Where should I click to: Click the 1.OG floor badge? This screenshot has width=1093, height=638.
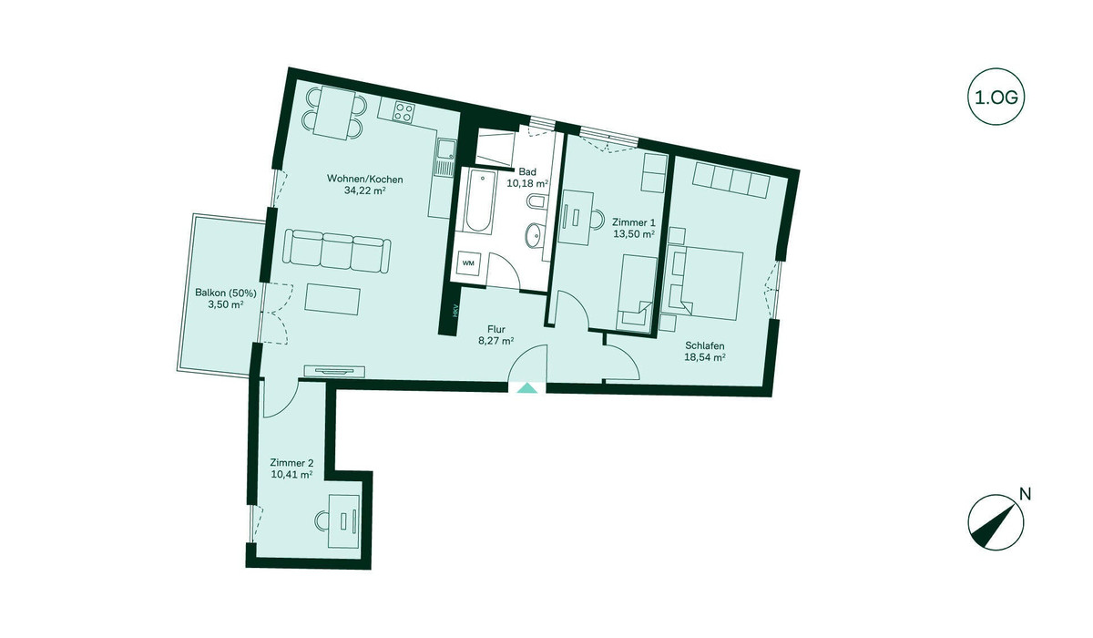(996, 98)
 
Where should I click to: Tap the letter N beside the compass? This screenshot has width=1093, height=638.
(1026, 494)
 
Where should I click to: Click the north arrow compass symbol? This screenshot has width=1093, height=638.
(996, 523)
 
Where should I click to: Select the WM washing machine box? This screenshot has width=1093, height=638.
(468, 263)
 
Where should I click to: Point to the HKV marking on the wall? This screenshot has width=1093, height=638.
(455, 311)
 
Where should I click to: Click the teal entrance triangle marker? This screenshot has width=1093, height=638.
(527, 388)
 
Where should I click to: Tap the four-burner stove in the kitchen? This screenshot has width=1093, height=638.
(404, 111)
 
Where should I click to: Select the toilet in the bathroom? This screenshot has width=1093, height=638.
(536, 201)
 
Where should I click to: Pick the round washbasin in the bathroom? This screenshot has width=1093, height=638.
(536, 235)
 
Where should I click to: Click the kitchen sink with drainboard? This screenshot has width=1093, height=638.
(445, 157)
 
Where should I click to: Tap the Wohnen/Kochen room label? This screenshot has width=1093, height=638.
(365, 179)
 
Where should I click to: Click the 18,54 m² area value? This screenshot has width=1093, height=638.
(704, 357)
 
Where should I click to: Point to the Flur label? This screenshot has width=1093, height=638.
(496, 330)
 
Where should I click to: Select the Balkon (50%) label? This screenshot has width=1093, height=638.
(226, 293)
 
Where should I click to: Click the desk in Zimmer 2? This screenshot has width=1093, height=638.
(344, 520)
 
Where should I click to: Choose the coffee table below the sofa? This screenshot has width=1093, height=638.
(332, 300)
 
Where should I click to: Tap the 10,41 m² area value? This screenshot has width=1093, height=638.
(291, 474)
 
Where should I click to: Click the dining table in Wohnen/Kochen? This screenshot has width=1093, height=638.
(336, 112)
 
